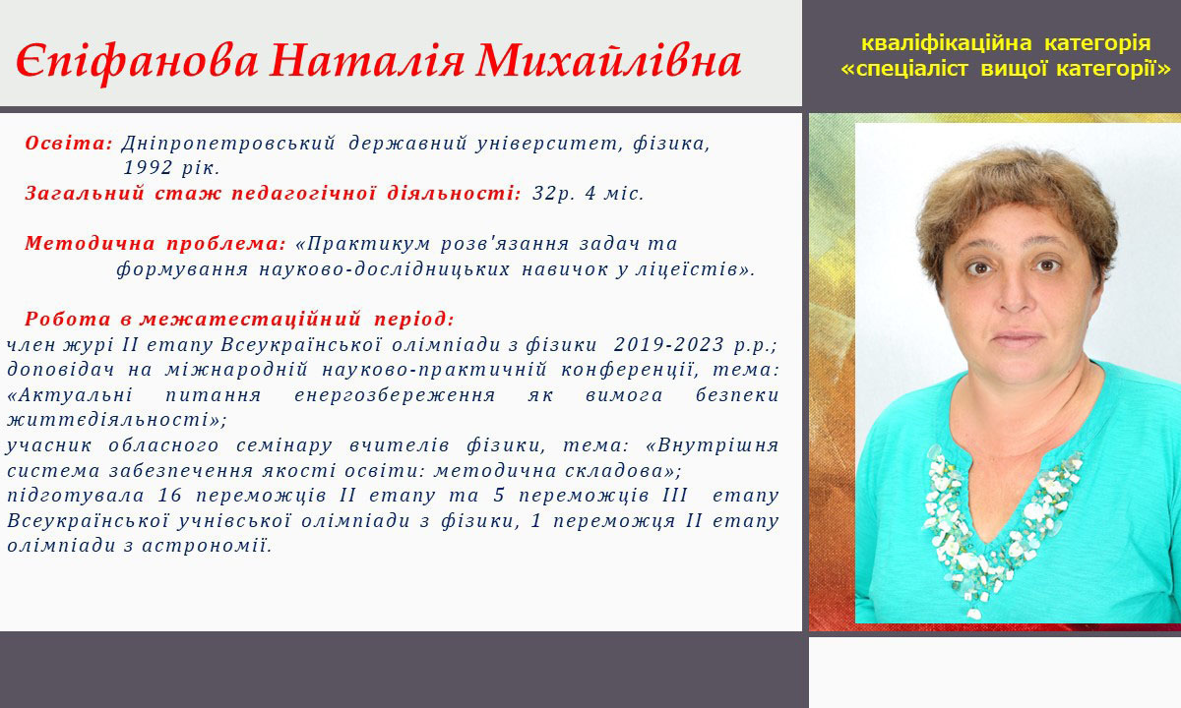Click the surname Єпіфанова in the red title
pyautogui.click(x=137, y=62)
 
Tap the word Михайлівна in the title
pyautogui.click(x=608, y=60)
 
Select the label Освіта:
pyautogui.click(x=69, y=144)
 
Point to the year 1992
pyautogui.click(x=148, y=168)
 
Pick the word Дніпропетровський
pyautogui.click(x=228, y=144)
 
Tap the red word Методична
pyautogui.click(x=90, y=244)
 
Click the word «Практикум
pyautogui.click(x=363, y=244)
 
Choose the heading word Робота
pyautogui.click(x=68, y=319)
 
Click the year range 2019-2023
pyautogui.click(x=669, y=344)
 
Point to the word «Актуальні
pyautogui.click(x=70, y=395)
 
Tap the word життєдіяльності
pyautogui.click(x=108, y=421)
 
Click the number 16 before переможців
pyautogui.click(x=170, y=496)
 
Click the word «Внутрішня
pyautogui.click(x=713, y=445)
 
